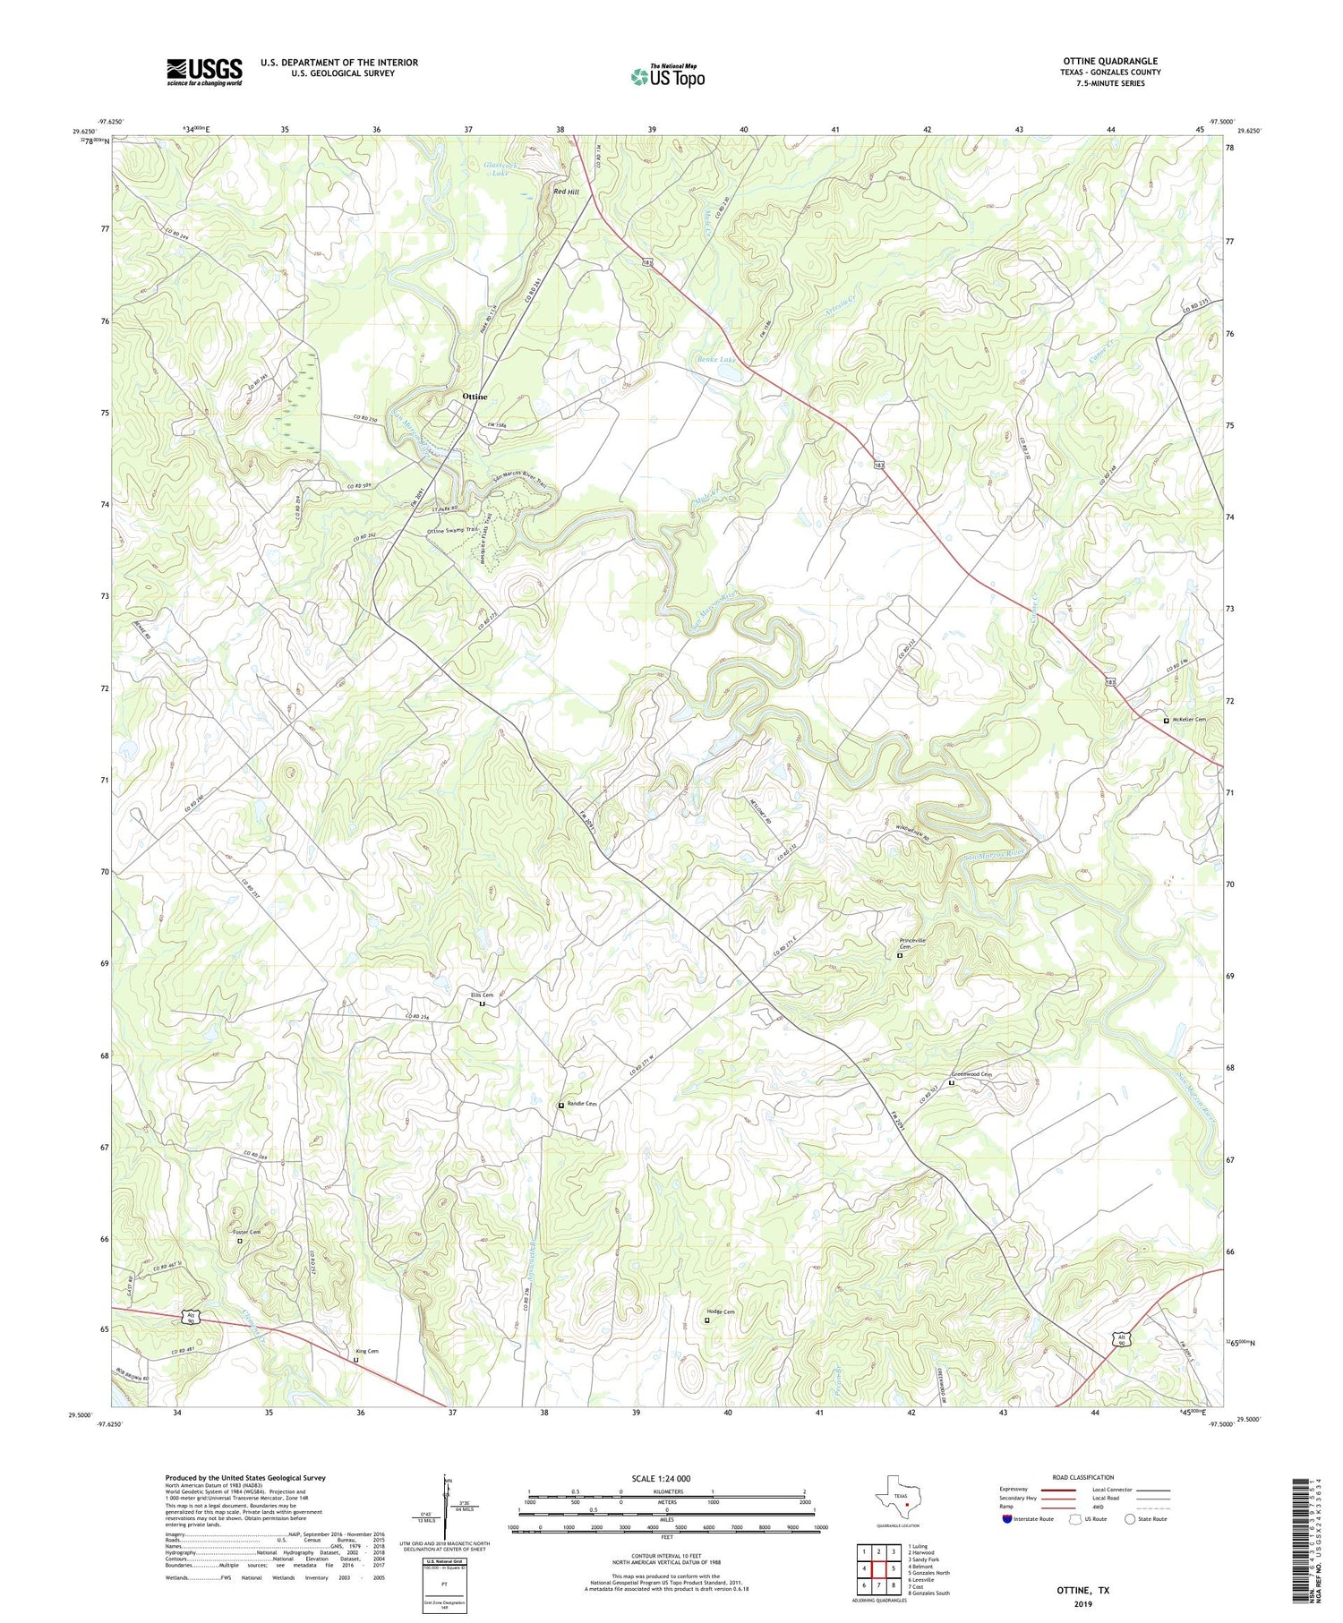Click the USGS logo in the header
tap(204, 72)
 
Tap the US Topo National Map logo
tap(667, 76)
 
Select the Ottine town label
tap(475, 396)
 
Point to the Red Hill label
tap(566, 192)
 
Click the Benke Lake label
tap(714, 360)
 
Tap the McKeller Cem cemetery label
tap(1190, 720)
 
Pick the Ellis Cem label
tap(482, 995)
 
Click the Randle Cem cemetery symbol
tap(561, 1105)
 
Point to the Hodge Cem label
tap(720, 1311)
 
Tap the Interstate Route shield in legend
tap(1007, 1519)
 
